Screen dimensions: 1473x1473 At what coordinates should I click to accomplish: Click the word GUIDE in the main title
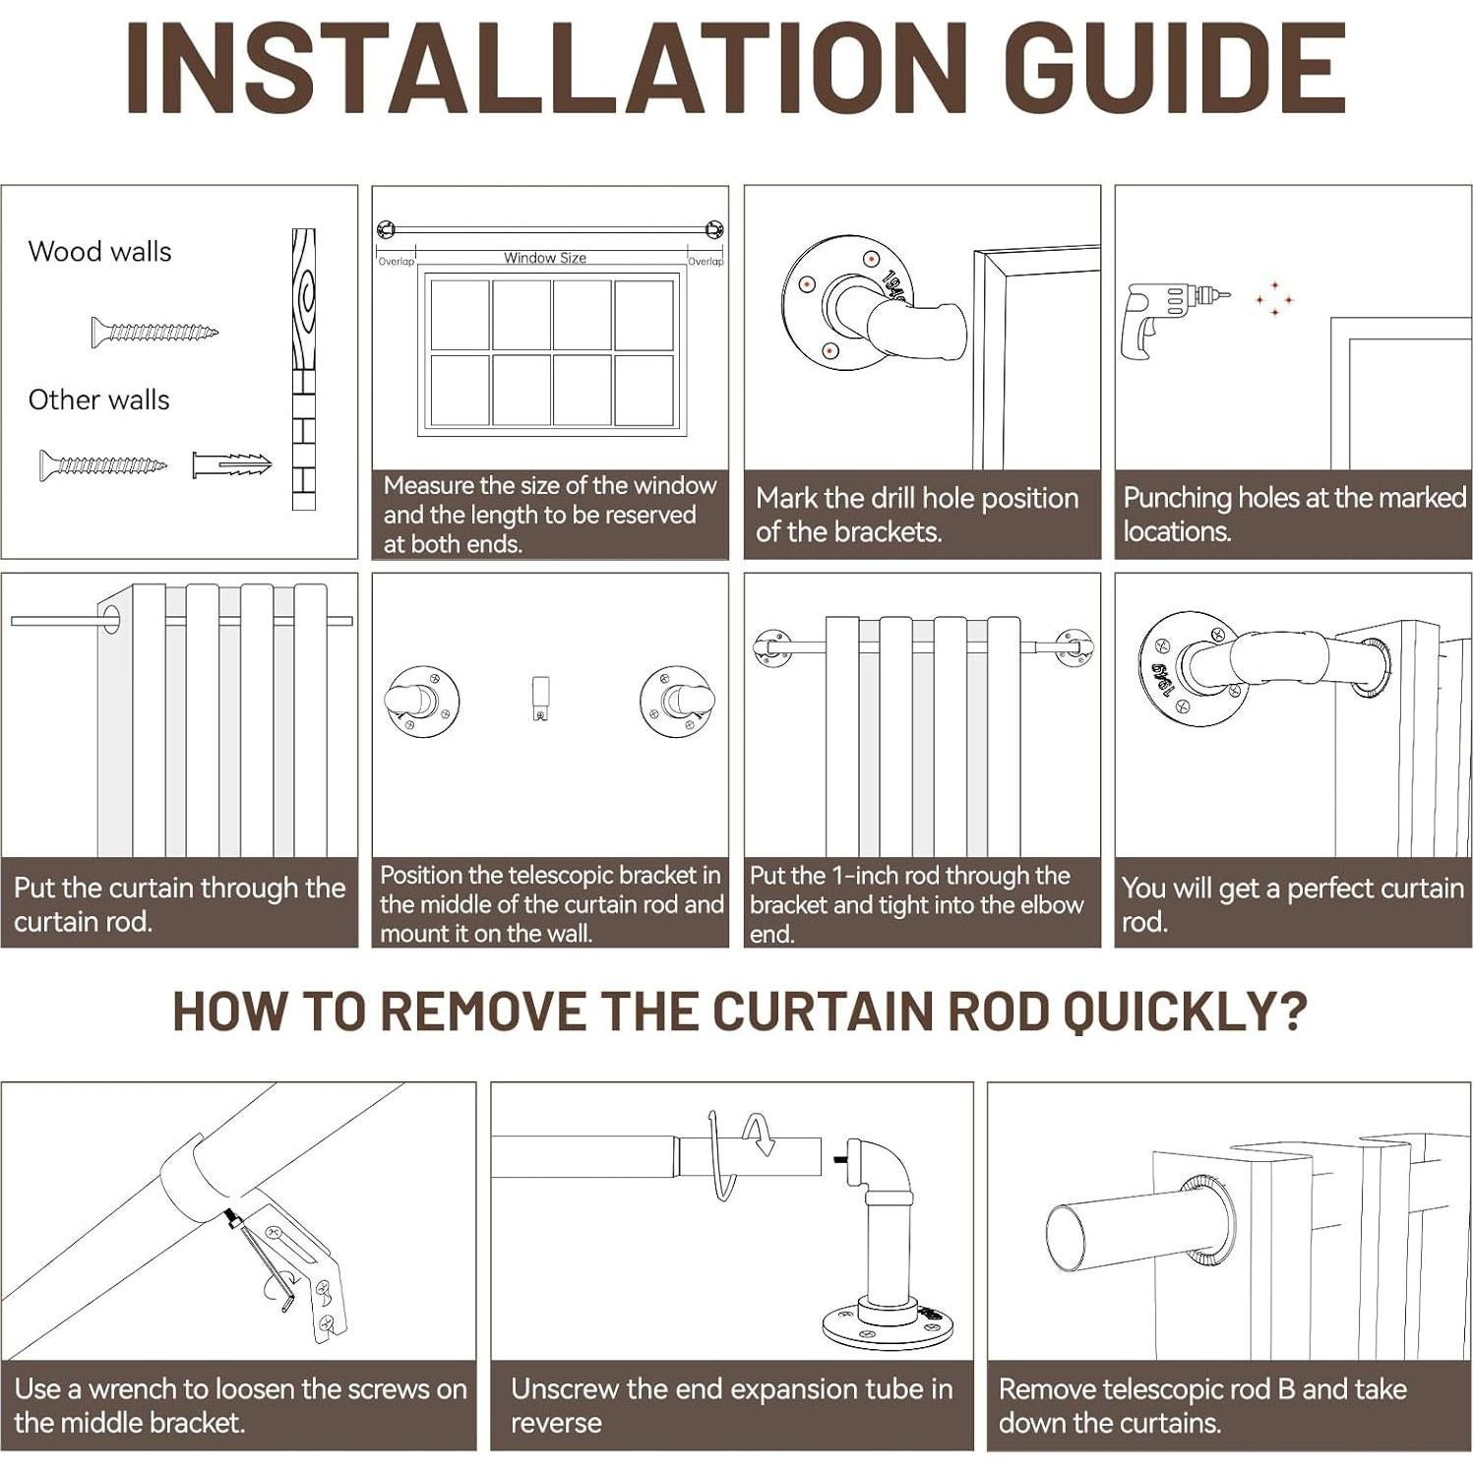point(1175,69)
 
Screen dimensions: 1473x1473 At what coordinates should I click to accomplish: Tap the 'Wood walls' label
point(99,252)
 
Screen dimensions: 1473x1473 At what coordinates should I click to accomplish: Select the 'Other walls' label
point(98,399)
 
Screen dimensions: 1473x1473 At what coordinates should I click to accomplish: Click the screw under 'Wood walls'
point(154,333)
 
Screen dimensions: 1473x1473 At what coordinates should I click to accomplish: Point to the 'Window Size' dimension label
point(545,258)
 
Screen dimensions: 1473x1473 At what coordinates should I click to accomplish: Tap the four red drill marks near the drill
point(1274,298)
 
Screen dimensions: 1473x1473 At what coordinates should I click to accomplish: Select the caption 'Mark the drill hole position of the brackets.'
point(917,515)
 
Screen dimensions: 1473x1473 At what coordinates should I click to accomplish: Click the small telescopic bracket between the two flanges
point(540,698)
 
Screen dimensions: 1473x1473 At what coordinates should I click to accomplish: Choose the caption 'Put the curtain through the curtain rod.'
point(180,904)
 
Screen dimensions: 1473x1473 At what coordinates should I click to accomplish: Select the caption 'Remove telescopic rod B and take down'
point(1202,1405)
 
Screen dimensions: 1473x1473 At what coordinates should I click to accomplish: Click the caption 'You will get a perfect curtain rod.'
point(1293,904)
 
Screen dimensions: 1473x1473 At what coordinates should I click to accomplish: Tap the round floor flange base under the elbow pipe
point(888,1323)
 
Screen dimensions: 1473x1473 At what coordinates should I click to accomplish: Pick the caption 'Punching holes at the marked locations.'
point(1294,514)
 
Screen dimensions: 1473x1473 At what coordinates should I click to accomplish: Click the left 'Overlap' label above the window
point(397,262)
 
